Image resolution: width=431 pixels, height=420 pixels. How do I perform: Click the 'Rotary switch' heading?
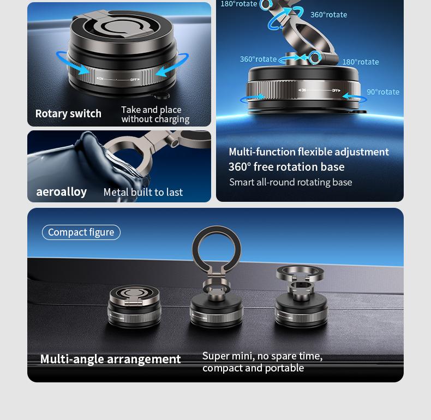pyautogui.click(x=68, y=113)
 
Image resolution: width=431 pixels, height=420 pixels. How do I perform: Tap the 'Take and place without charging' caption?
pyautogui.click(x=155, y=115)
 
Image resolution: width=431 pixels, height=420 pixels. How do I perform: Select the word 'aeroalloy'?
pyautogui.click(x=61, y=192)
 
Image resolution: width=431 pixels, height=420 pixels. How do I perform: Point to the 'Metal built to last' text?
pyautogui.click(x=143, y=192)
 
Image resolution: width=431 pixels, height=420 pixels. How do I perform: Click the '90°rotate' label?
pyautogui.click(x=383, y=92)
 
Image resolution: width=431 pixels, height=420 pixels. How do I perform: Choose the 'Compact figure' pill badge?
pyautogui.click(x=81, y=232)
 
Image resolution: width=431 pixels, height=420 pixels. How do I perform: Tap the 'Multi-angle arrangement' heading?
pyautogui.click(x=111, y=359)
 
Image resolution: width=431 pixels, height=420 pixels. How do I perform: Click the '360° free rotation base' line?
pyautogui.click(x=286, y=167)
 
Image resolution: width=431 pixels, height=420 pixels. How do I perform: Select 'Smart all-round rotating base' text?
pyautogui.click(x=291, y=182)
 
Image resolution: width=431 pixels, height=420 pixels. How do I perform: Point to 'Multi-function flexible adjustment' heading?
pyautogui.click(x=309, y=152)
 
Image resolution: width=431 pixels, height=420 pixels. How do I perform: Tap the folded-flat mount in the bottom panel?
pyautogui.click(x=134, y=306)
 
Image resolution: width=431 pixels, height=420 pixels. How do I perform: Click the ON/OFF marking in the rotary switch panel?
pyautogui.click(x=118, y=80)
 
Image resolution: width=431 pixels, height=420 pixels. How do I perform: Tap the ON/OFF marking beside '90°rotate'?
pyautogui.click(x=319, y=90)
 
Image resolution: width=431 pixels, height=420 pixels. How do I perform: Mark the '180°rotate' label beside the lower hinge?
pyautogui.click(x=361, y=62)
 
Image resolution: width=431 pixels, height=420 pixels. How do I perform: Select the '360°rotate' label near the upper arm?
pyautogui.click(x=328, y=15)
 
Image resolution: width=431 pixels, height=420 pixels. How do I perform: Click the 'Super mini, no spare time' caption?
pyautogui.click(x=262, y=356)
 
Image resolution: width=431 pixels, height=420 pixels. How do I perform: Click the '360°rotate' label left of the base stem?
pyautogui.click(x=258, y=59)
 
